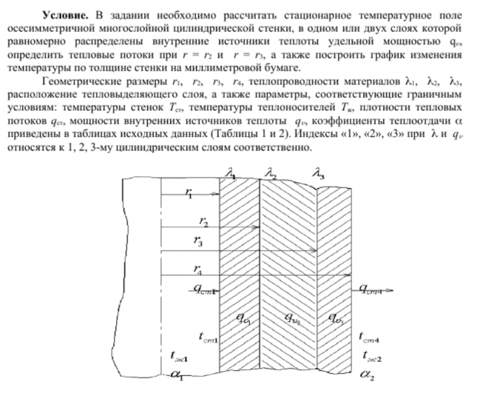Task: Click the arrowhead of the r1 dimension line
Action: coord(215,193)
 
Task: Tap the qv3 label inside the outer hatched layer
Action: coord(336,318)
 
